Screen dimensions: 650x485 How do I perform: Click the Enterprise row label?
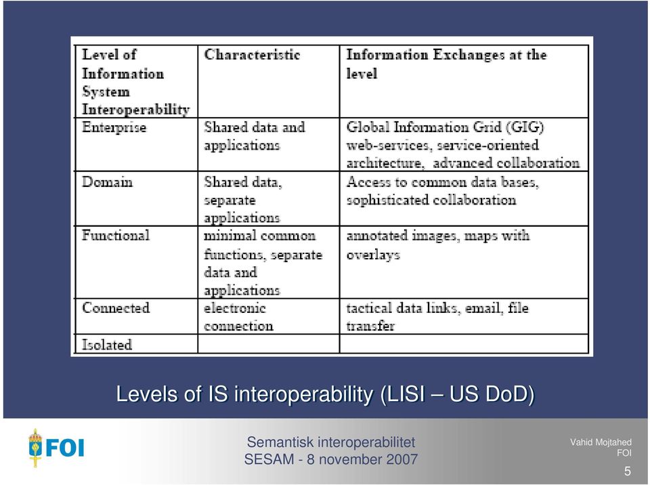click(114, 127)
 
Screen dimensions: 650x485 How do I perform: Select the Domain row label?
click(108, 182)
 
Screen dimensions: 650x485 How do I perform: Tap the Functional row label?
click(116, 235)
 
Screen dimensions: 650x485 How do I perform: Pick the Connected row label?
click(116, 308)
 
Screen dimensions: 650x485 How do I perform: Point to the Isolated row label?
click(107, 344)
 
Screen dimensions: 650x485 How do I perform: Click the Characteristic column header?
click(252, 55)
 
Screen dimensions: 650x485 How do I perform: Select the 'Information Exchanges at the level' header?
click(446, 64)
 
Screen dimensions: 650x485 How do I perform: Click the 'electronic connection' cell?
click(238, 317)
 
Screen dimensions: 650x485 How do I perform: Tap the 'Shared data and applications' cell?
click(255, 136)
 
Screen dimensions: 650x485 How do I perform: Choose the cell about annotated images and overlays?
click(438, 245)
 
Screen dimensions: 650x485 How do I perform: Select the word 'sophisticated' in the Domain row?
click(387, 201)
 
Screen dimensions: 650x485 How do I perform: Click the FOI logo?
click(56, 448)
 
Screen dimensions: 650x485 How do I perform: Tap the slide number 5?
click(627, 471)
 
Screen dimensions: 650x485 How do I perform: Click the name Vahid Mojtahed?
click(601, 442)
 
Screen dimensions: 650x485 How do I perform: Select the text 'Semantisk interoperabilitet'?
click(331, 442)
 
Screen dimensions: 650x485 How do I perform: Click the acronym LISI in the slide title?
click(406, 394)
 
